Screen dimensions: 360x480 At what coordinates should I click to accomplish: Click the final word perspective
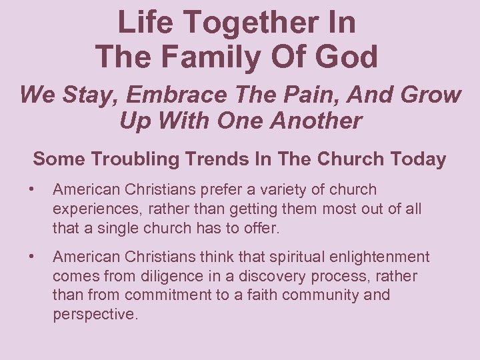(95, 313)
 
